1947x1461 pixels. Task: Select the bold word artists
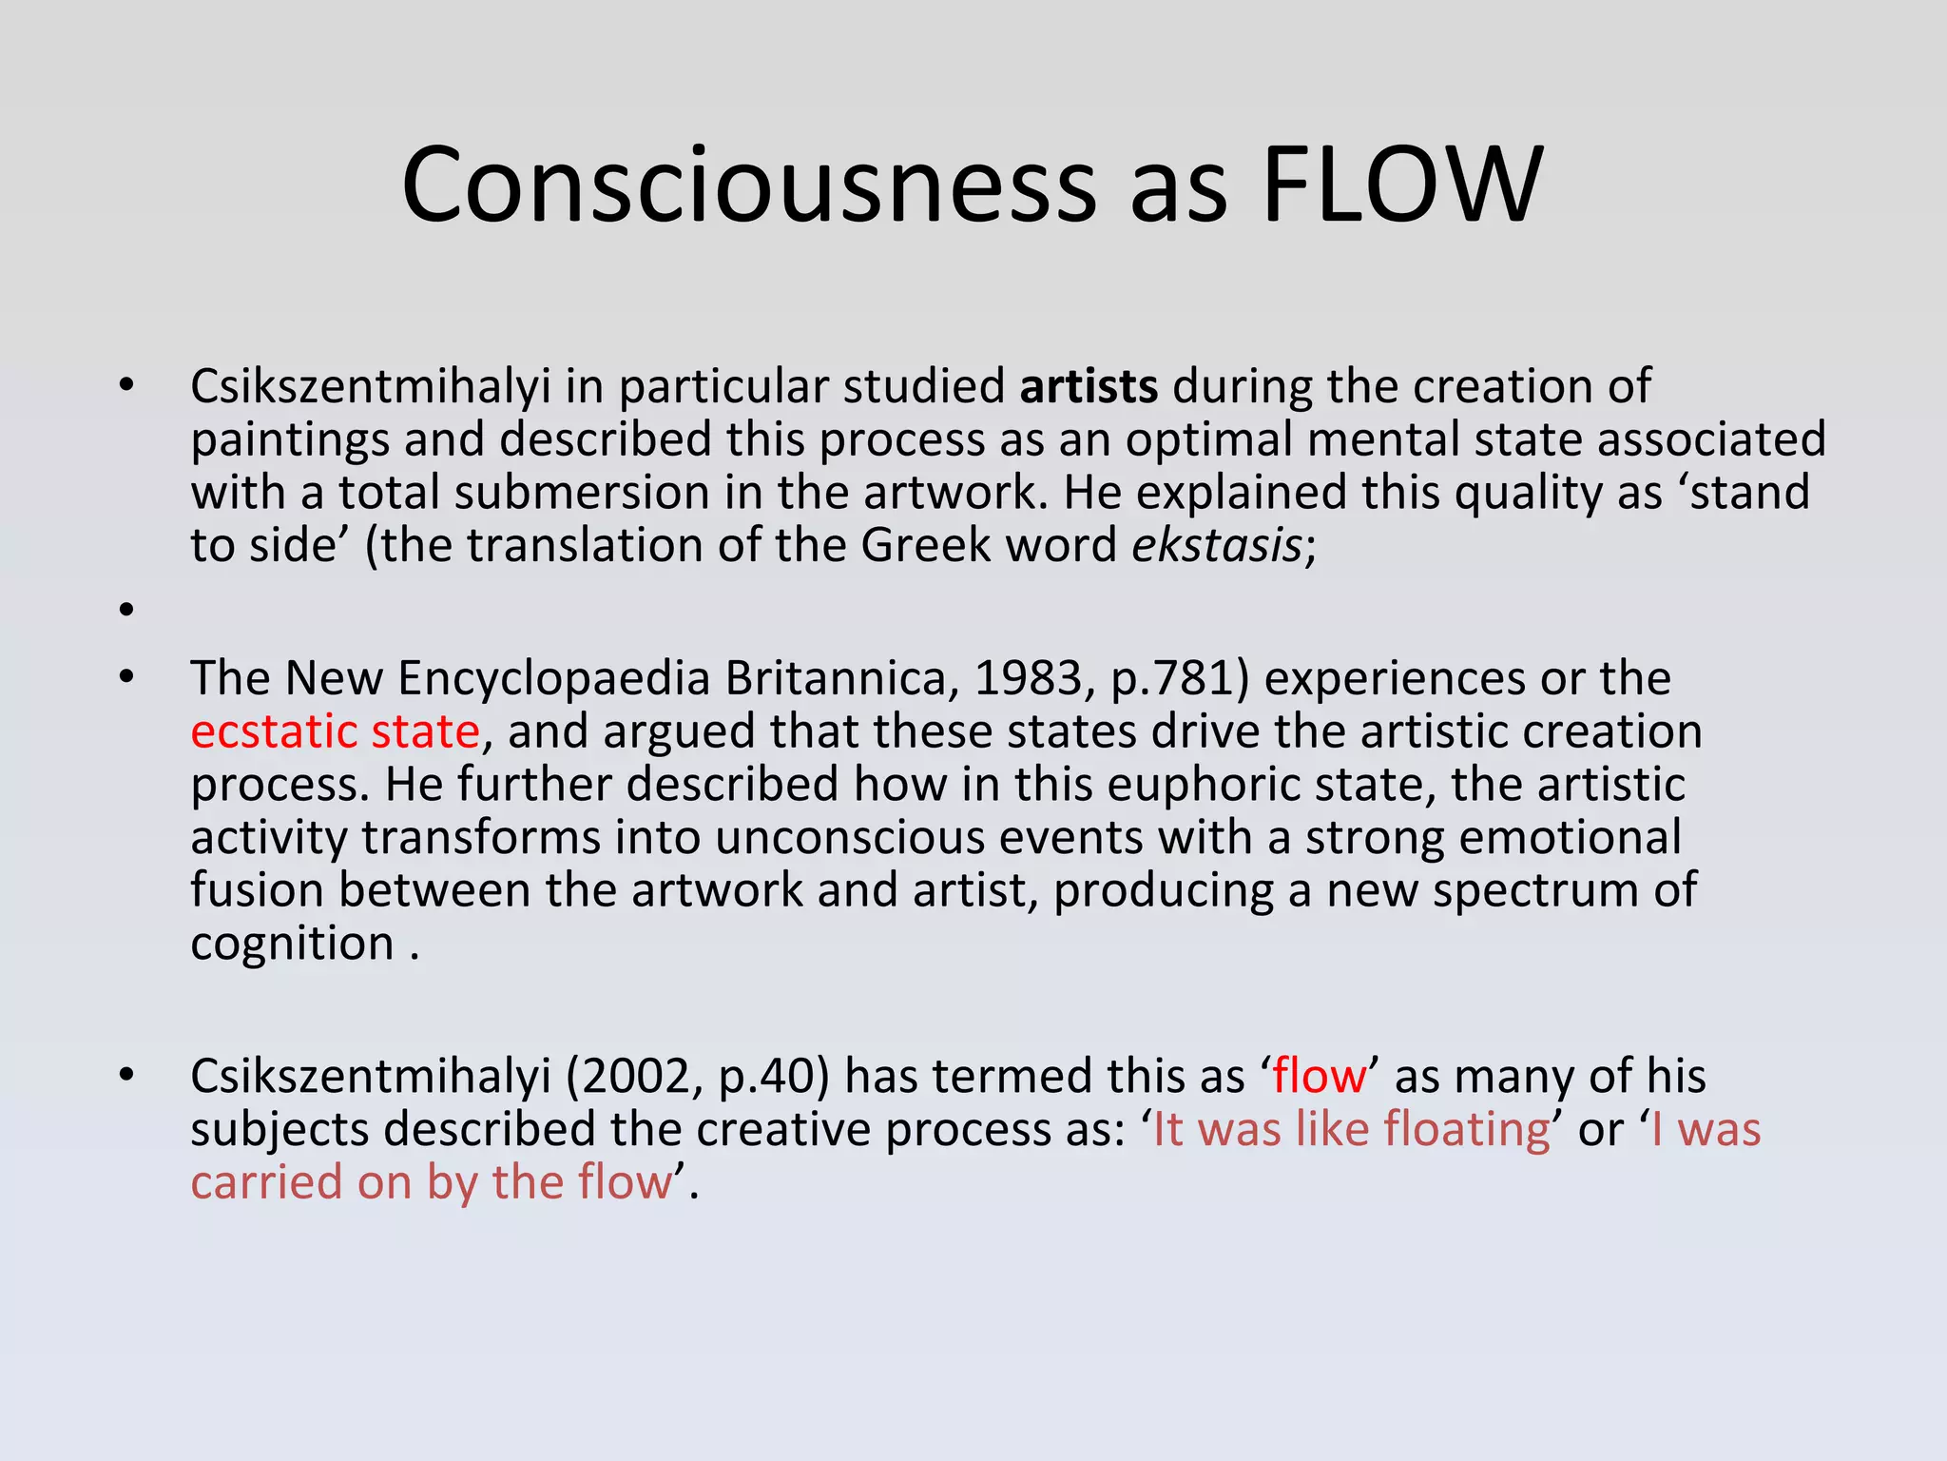[1089, 386]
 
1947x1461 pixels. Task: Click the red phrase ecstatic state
[335, 731]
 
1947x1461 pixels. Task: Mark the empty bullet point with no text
[126, 610]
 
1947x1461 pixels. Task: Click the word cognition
[292, 945]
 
